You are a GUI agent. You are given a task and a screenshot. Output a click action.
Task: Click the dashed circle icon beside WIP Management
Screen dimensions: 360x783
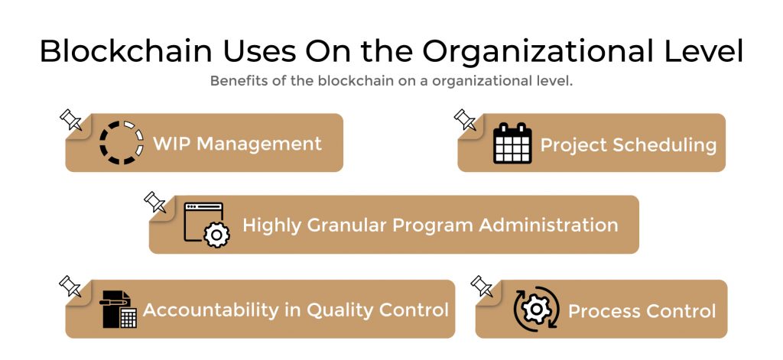(x=122, y=143)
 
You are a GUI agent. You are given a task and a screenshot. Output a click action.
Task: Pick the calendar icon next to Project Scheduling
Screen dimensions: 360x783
(x=512, y=143)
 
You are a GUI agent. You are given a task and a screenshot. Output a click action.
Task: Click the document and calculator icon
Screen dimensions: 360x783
(x=119, y=310)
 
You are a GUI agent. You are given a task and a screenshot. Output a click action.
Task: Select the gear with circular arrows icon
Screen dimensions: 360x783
(x=536, y=309)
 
